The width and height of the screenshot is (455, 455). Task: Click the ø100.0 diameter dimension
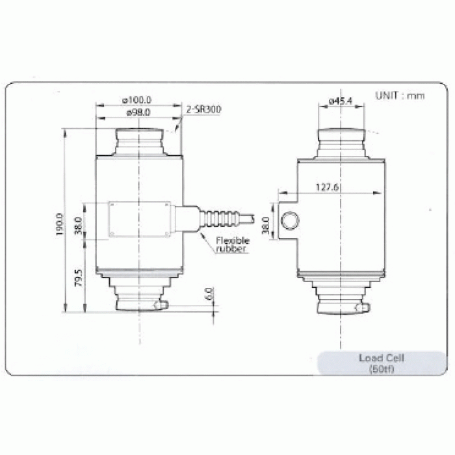(137, 100)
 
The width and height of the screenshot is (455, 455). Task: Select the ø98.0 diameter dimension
(138, 112)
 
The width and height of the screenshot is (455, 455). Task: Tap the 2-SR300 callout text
(203, 109)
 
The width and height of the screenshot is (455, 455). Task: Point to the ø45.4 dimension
(341, 101)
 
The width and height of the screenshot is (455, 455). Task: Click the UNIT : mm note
(400, 96)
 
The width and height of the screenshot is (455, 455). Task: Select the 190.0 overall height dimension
(59, 224)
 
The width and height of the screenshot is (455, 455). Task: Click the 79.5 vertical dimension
(79, 278)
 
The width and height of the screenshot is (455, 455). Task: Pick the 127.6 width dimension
(327, 187)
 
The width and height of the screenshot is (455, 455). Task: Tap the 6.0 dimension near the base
(209, 294)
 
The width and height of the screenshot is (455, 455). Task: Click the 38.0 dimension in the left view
(79, 226)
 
